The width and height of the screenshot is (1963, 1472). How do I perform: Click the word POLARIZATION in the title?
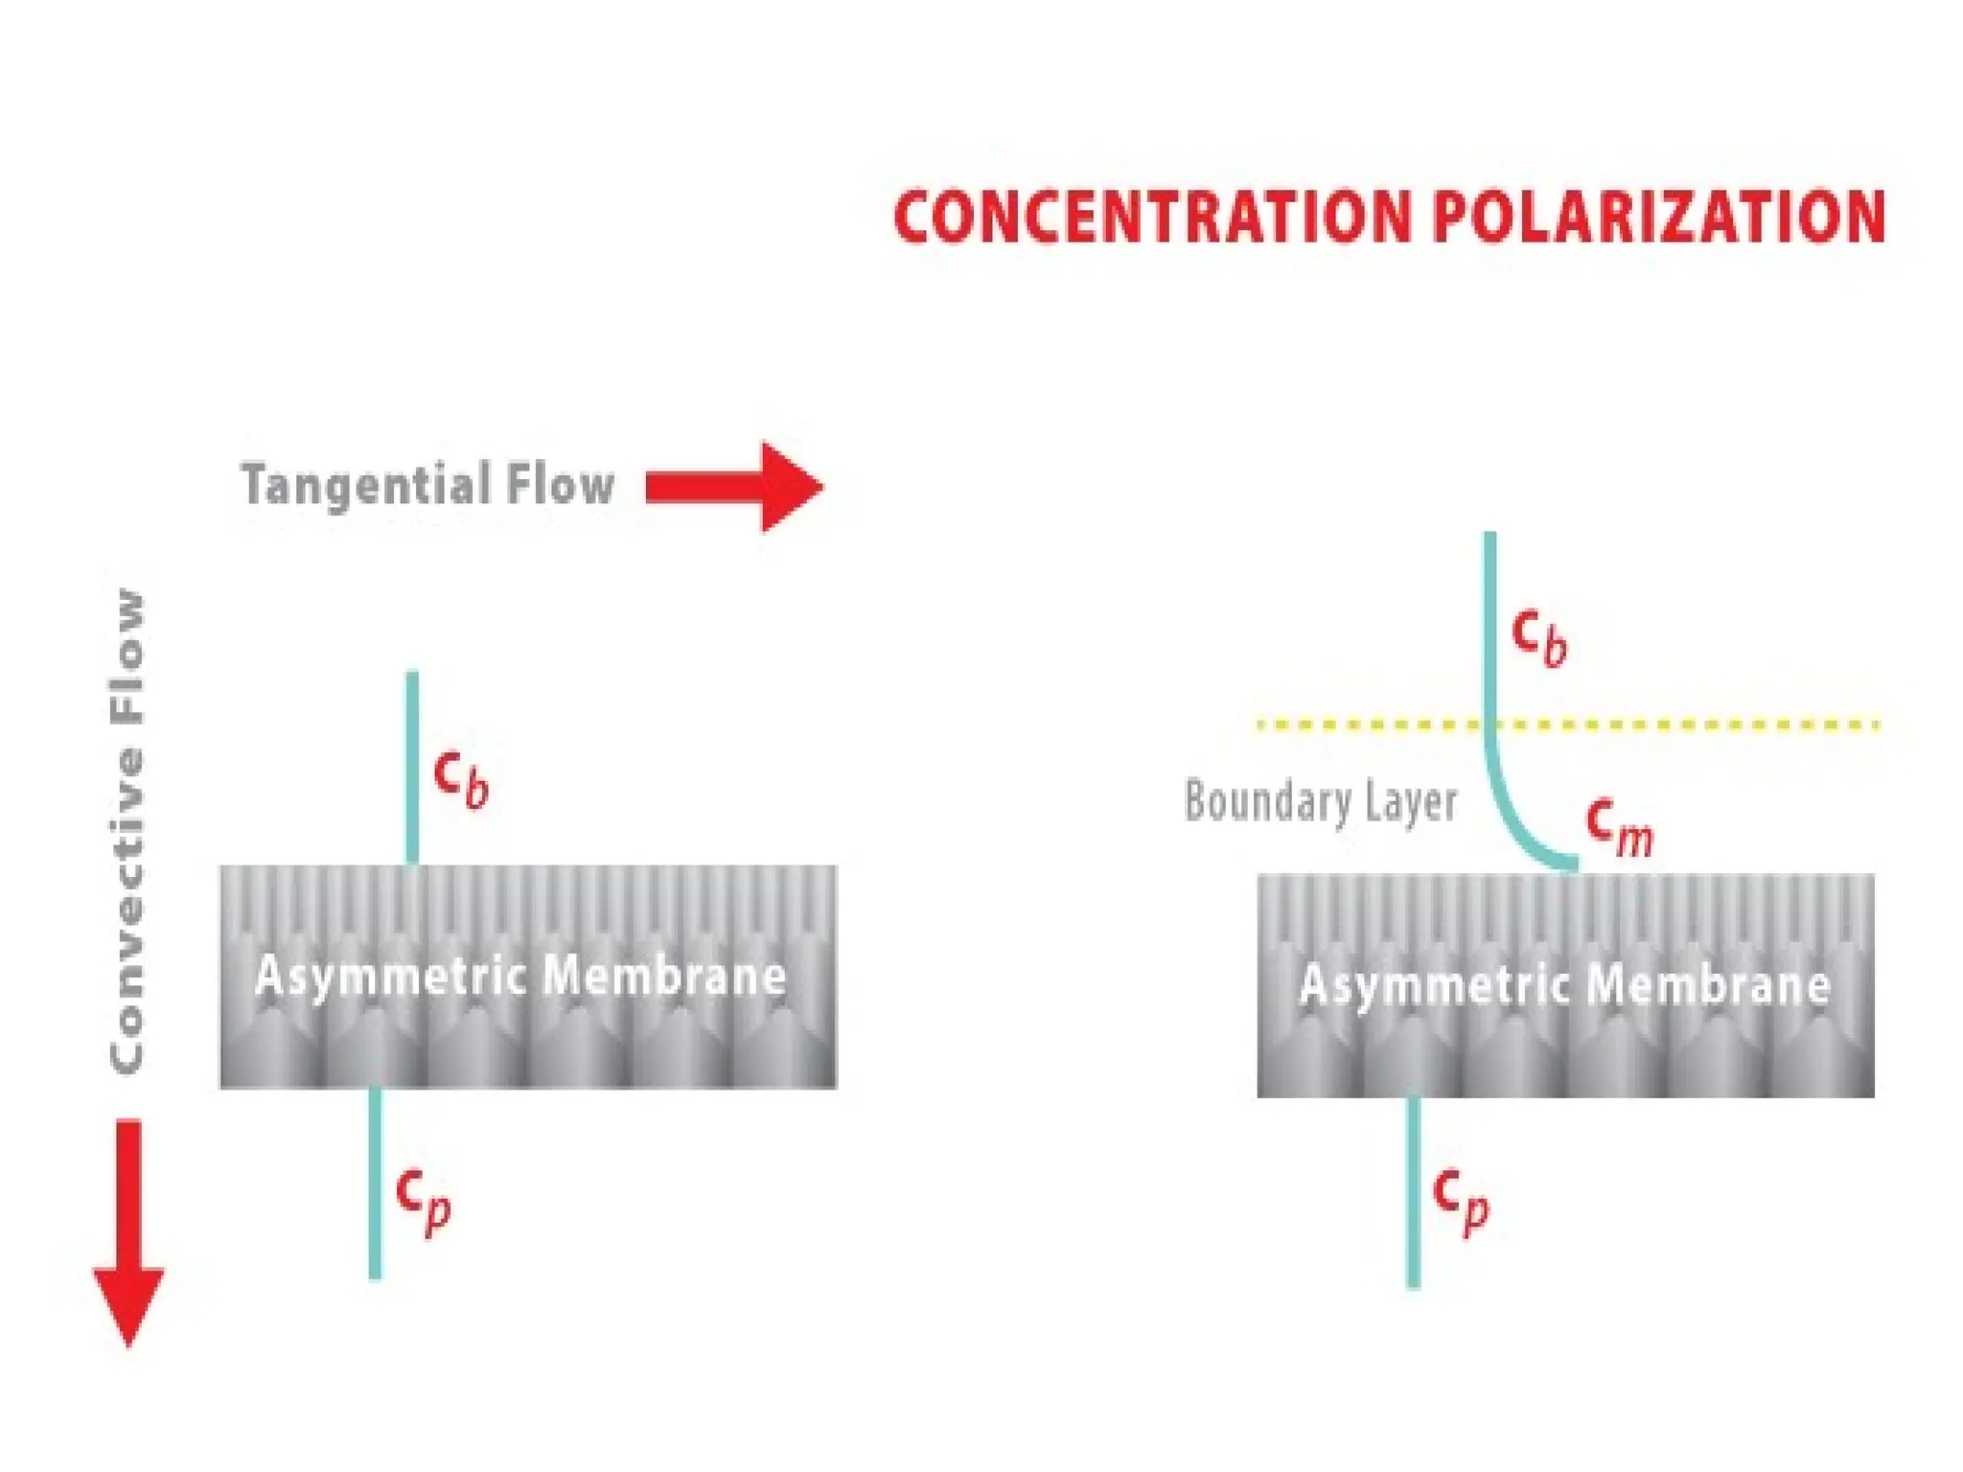click(x=1659, y=217)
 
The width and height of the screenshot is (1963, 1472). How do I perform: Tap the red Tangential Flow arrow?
click(x=734, y=486)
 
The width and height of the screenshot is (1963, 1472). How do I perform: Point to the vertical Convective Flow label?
click(x=127, y=830)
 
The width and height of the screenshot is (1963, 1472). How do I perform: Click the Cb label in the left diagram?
click(x=461, y=777)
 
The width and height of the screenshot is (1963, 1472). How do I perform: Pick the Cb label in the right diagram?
click(x=1539, y=634)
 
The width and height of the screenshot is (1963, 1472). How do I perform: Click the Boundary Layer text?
click(x=1321, y=801)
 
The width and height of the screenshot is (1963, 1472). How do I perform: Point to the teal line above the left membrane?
click(x=412, y=767)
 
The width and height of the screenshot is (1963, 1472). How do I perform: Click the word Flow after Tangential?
click(x=561, y=484)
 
